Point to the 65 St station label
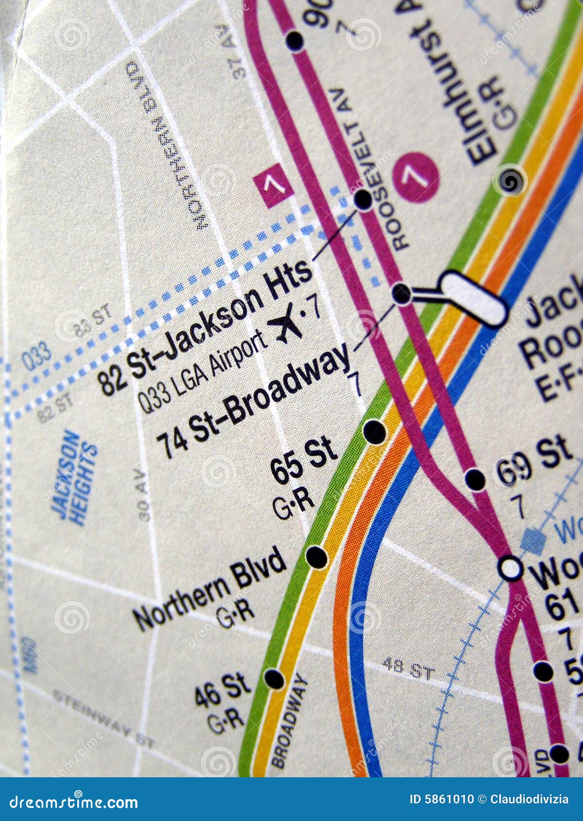pyautogui.click(x=304, y=460)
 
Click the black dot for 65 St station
pyautogui.click(x=375, y=431)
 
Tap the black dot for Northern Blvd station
pyautogui.click(x=317, y=557)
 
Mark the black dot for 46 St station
pyautogui.click(x=274, y=678)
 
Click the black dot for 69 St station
pyautogui.click(x=475, y=479)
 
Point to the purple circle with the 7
pyautogui.click(x=416, y=177)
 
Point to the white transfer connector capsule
pyautogui.click(x=474, y=298)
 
